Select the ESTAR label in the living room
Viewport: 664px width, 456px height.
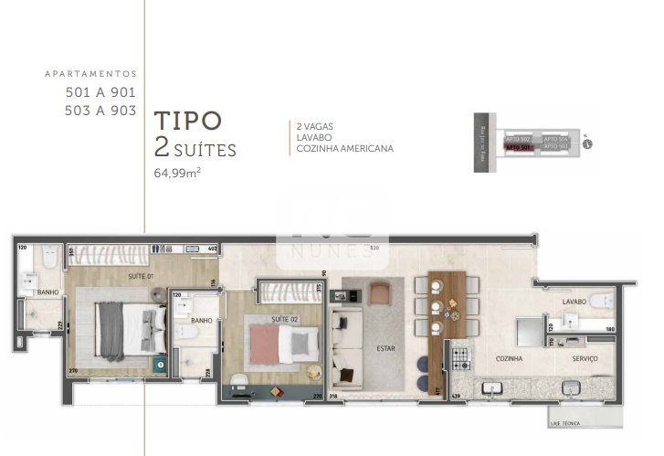pyautogui.click(x=384, y=347)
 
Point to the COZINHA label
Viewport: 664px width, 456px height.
pyautogui.click(x=509, y=359)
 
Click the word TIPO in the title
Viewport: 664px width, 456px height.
pyautogui.click(x=187, y=121)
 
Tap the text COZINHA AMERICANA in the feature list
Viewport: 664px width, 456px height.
pyautogui.click(x=344, y=148)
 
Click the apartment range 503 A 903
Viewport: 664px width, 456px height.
pyautogui.click(x=100, y=111)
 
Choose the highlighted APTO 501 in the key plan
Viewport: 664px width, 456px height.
pyautogui.click(x=518, y=146)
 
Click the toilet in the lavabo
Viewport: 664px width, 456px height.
pyautogui.click(x=604, y=302)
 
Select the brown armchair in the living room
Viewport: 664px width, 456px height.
pyautogui.click(x=380, y=292)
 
